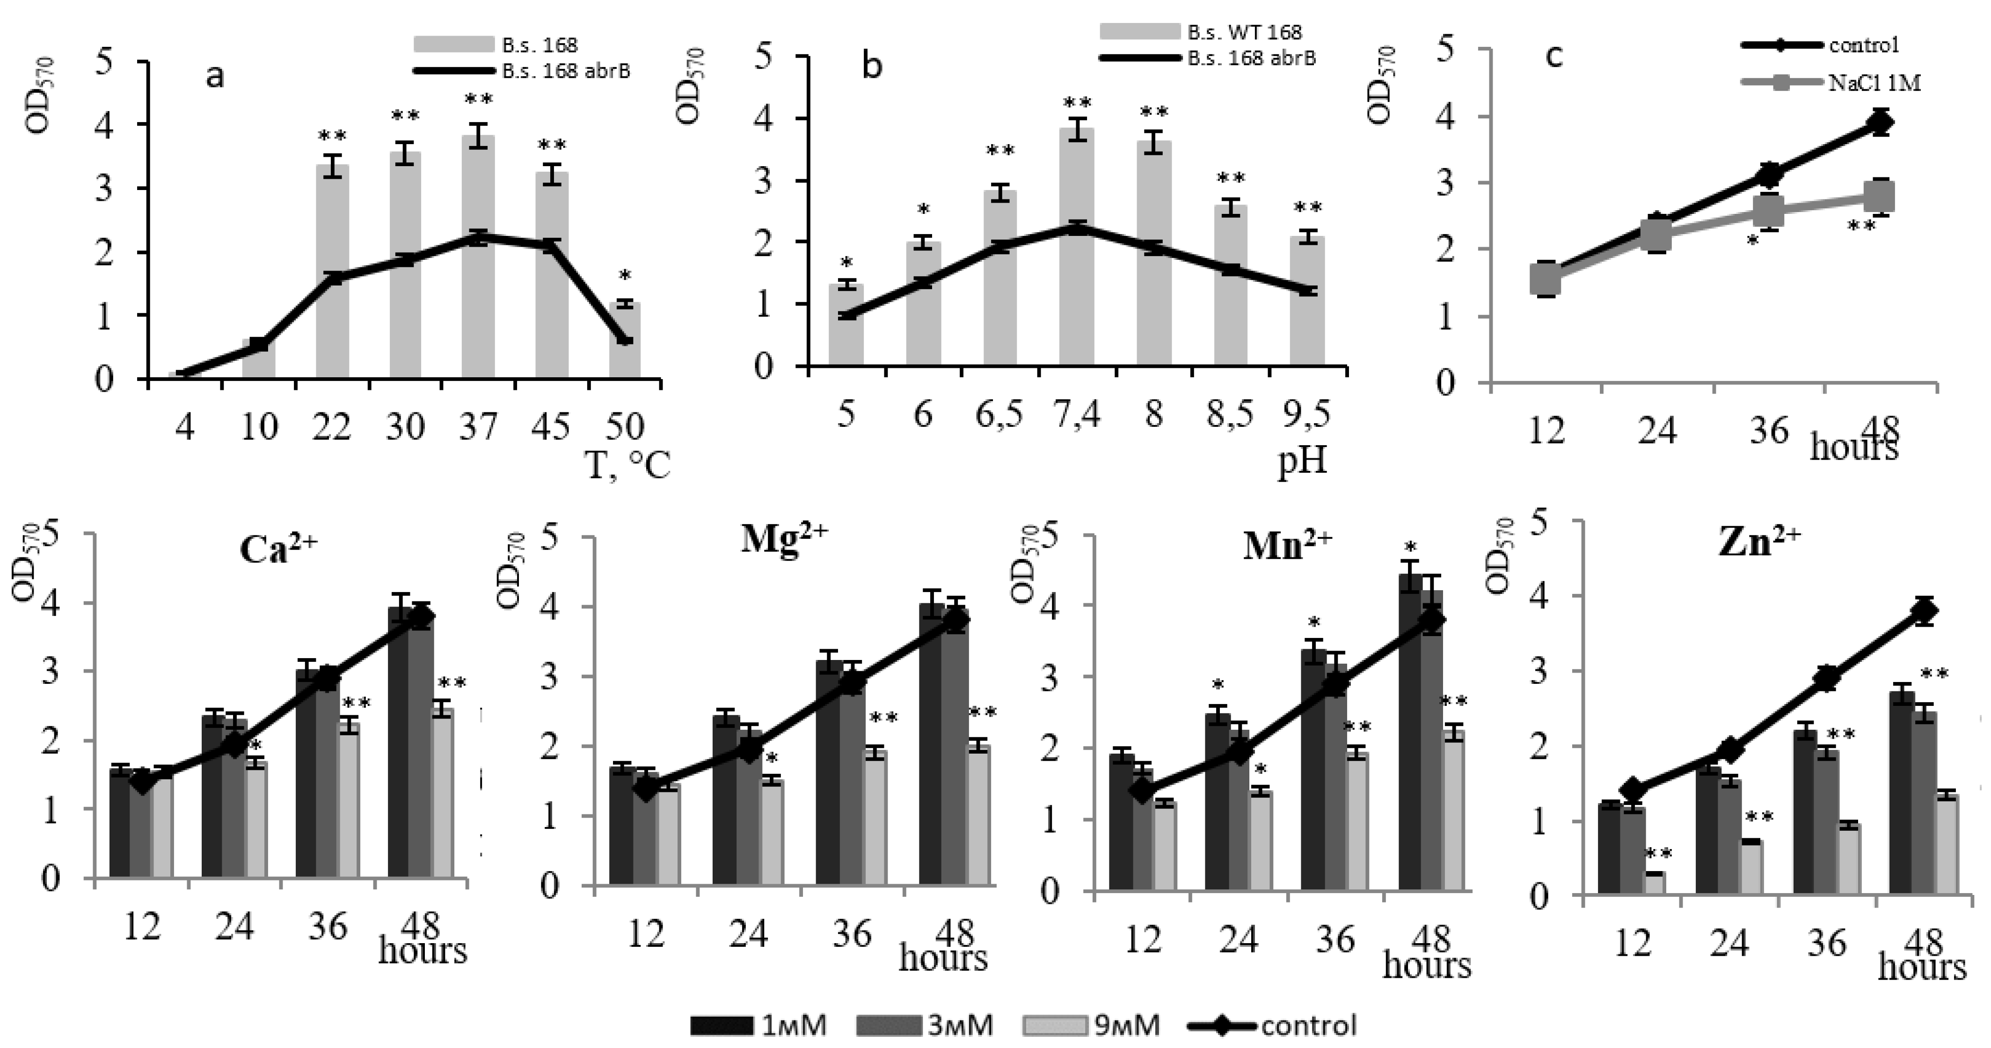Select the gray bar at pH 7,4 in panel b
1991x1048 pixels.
1077,247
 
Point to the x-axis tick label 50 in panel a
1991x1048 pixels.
625,426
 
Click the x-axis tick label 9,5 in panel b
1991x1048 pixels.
1307,415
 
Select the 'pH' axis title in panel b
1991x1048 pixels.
1302,462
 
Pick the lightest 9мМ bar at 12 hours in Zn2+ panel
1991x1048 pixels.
1654,883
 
